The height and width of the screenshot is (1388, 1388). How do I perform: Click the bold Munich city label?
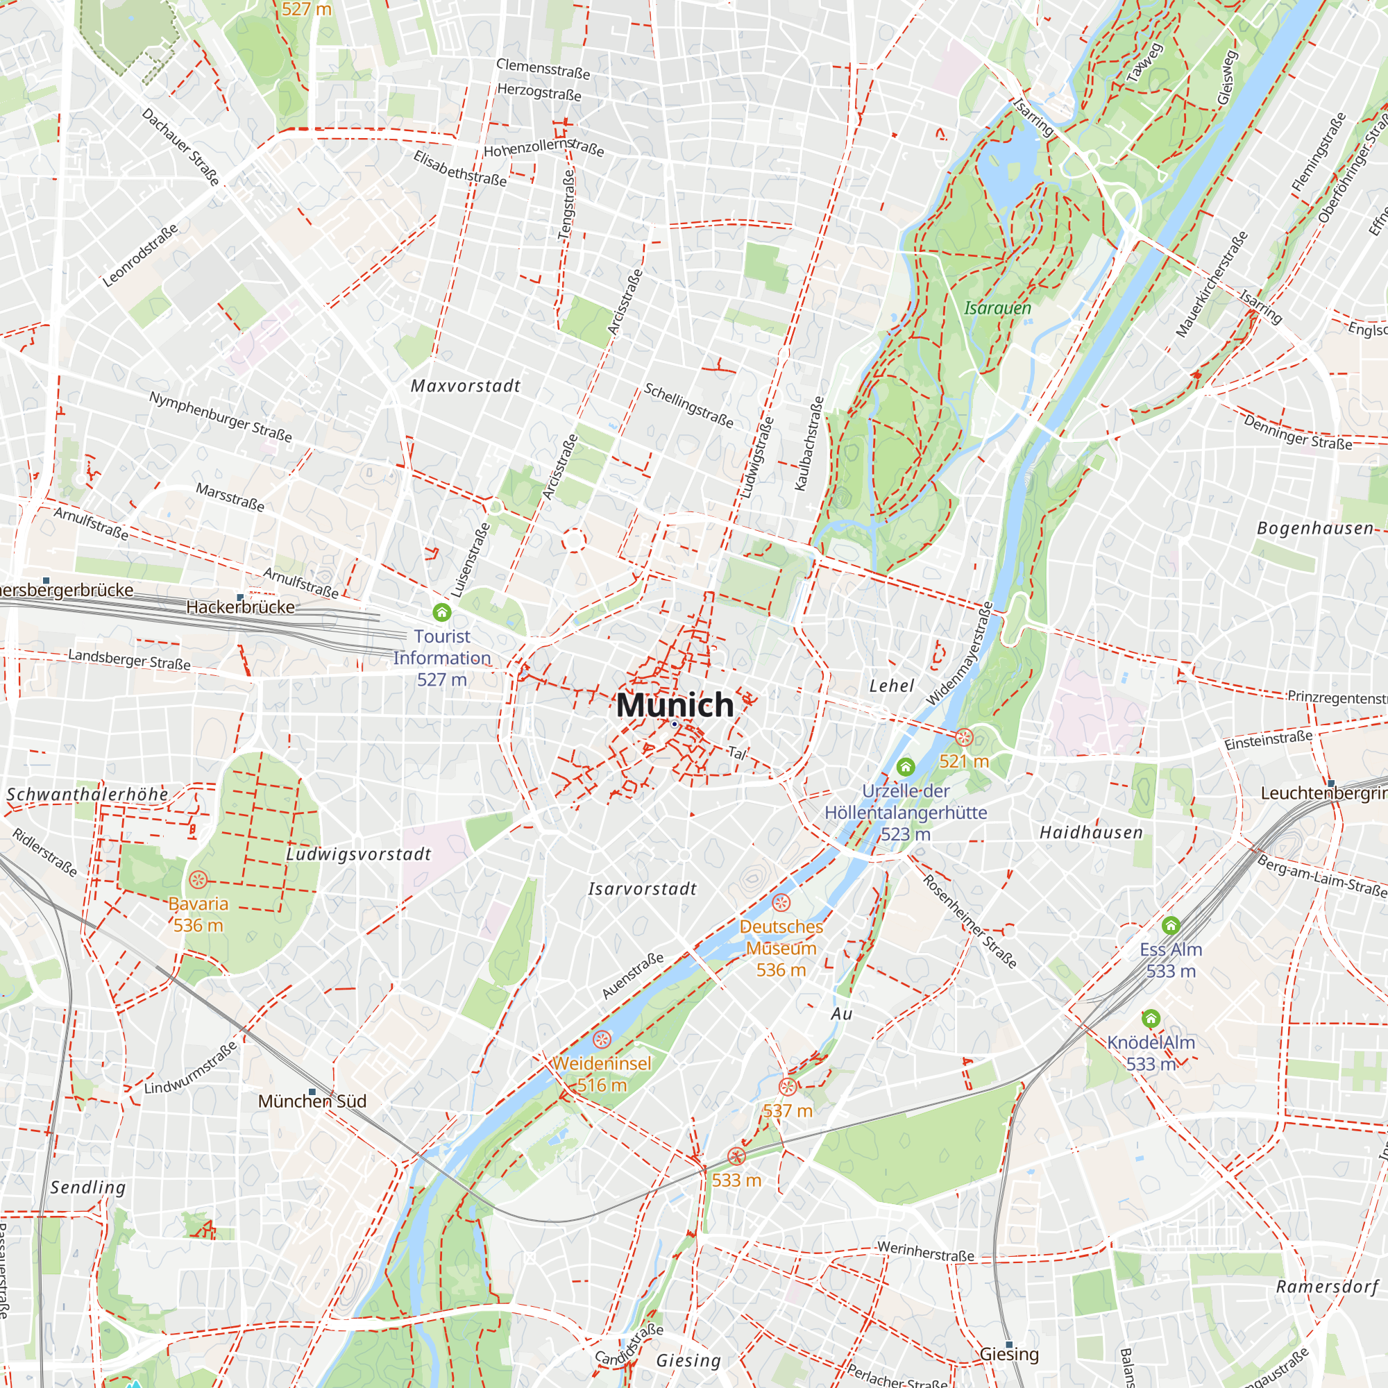pyautogui.click(x=675, y=705)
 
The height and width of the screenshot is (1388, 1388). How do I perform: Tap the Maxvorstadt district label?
pyautogui.click(x=466, y=386)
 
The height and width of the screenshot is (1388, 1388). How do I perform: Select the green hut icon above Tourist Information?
pyautogui.click(x=442, y=612)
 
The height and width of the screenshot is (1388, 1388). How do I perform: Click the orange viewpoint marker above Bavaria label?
pyautogui.click(x=198, y=879)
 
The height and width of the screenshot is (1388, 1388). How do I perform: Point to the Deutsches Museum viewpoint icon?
pyautogui.click(x=781, y=902)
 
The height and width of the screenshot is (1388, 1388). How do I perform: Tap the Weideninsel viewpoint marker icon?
pyautogui.click(x=602, y=1039)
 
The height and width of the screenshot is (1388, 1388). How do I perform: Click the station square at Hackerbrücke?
pyautogui.click(x=240, y=597)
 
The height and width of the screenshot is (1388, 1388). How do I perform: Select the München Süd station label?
pyautogui.click(x=312, y=1101)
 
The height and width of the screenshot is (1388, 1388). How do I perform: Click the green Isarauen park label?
pyautogui.click(x=997, y=308)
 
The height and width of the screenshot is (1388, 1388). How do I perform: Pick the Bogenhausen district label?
pyautogui.click(x=1314, y=528)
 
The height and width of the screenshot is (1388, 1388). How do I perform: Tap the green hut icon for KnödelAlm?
pyautogui.click(x=1151, y=1018)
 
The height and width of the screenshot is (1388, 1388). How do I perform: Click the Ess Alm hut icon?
pyautogui.click(x=1171, y=924)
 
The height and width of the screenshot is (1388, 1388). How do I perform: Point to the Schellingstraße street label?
pyautogui.click(x=688, y=405)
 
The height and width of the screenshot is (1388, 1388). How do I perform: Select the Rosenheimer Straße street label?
pyautogui.click(x=970, y=921)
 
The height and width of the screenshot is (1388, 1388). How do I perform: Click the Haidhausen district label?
pyautogui.click(x=1091, y=832)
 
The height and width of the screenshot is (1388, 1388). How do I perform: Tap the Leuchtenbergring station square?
pyautogui.click(x=1330, y=783)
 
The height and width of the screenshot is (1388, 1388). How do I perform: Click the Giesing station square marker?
pyautogui.click(x=1008, y=1344)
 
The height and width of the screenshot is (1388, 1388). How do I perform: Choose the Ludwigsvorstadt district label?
pyautogui.click(x=359, y=854)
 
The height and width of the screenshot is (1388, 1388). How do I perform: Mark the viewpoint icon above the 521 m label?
pyautogui.click(x=963, y=737)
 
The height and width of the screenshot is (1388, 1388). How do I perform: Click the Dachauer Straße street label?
pyautogui.click(x=180, y=146)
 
